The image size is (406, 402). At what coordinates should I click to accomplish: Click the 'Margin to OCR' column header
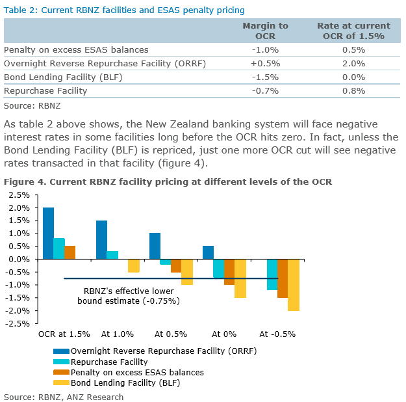[x=265, y=31]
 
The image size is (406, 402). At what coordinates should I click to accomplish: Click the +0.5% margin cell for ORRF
[x=265, y=63]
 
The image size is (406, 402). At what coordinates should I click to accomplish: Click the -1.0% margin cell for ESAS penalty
[x=265, y=49]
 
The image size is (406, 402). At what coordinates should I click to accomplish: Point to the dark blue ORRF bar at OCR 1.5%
[x=49, y=233]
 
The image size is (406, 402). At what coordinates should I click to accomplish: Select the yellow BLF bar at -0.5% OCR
[x=294, y=285]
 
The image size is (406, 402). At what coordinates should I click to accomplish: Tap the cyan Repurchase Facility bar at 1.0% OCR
[x=112, y=255]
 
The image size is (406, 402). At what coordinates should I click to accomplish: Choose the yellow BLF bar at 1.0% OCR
[x=133, y=265]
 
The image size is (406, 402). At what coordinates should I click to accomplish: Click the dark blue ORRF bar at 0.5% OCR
[x=155, y=246]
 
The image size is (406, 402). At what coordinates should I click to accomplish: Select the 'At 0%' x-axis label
[x=225, y=334]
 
